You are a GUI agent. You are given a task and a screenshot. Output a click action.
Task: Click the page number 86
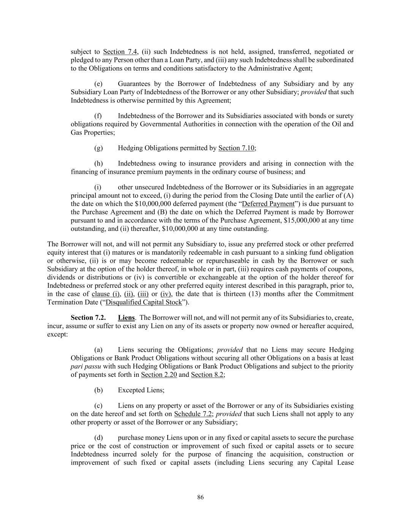click(x=201, y=497)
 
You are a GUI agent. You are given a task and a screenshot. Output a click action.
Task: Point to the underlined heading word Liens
click(x=126, y=317)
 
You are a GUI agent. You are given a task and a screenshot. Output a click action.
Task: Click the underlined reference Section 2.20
click(x=159, y=375)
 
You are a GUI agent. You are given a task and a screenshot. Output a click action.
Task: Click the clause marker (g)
click(x=98, y=148)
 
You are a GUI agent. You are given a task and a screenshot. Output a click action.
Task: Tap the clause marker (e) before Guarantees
click(x=98, y=84)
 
